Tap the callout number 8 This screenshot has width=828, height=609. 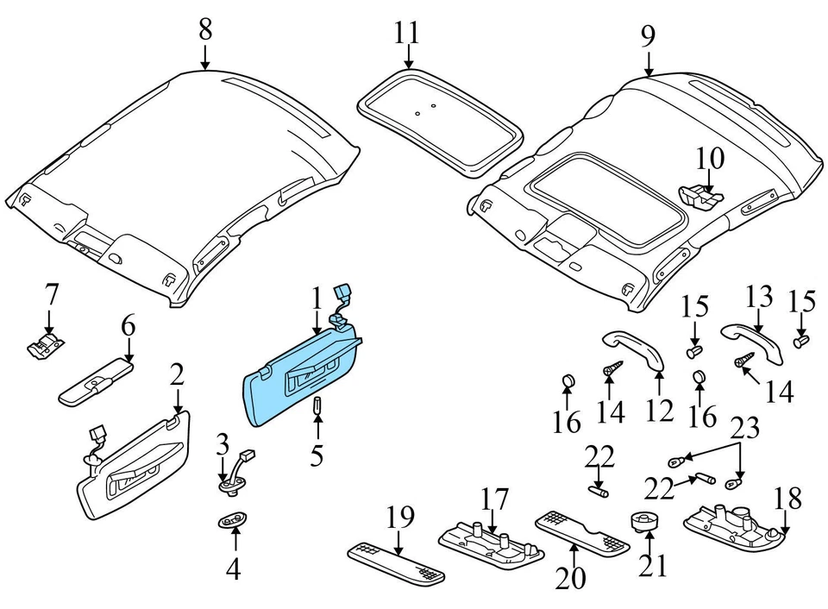[205, 29]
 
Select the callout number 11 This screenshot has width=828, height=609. [407, 34]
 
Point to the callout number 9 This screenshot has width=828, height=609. [648, 36]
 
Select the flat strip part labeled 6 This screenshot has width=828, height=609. [95, 380]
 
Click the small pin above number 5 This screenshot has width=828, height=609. [317, 405]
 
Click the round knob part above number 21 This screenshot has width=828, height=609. [644, 521]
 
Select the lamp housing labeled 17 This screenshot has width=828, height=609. [491, 540]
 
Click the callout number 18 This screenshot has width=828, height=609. [788, 498]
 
